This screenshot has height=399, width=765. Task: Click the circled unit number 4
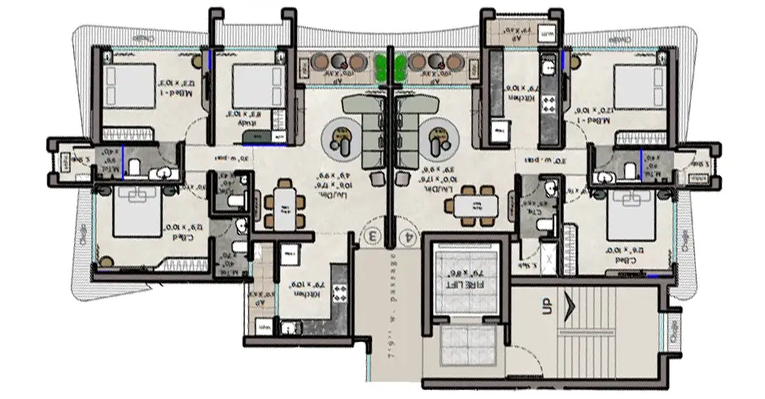click(407, 236)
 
